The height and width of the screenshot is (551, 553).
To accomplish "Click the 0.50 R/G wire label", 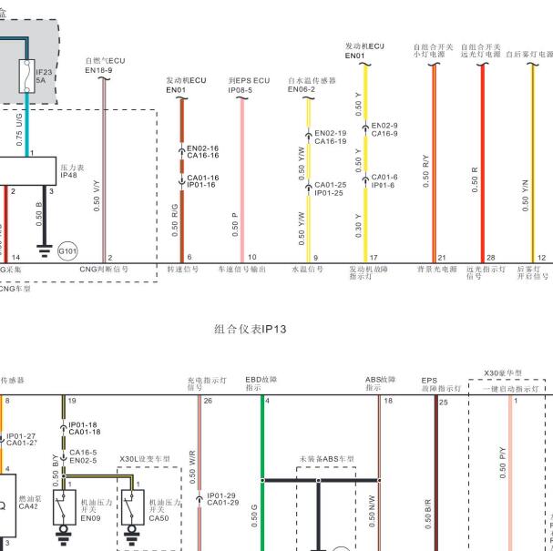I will (175, 219).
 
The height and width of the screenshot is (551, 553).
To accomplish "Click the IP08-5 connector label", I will (241, 90).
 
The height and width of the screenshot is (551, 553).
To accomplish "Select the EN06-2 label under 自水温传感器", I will (302, 90).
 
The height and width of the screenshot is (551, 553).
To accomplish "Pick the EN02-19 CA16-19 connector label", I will (330, 138).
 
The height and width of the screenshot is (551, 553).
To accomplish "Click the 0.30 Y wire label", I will (359, 222).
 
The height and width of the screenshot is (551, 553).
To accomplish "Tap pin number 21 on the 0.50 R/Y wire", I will (442, 258).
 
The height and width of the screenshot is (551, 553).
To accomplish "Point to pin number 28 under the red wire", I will (491, 258).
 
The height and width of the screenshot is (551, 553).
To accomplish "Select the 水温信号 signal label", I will (307, 270).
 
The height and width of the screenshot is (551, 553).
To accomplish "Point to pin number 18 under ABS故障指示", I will (388, 400).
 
